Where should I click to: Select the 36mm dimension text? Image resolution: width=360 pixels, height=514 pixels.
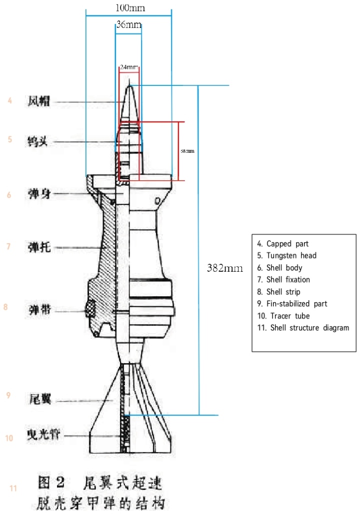[x=128, y=24]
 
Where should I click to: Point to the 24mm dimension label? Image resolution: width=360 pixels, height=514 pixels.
[x=128, y=67]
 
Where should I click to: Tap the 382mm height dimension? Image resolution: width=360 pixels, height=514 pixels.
[x=224, y=268]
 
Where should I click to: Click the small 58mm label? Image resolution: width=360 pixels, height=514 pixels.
[x=187, y=151]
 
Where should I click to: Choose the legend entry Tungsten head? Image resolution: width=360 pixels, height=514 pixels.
[x=286, y=256]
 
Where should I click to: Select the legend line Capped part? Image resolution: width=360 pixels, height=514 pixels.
[x=282, y=244]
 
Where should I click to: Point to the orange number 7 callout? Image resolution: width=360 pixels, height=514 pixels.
[x=8, y=246]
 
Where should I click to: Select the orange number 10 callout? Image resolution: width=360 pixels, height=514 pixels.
[x=9, y=438]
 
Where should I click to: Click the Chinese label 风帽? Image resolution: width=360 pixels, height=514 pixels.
[x=38, y=101]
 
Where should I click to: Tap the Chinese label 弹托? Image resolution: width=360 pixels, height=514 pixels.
[x=38, y=247]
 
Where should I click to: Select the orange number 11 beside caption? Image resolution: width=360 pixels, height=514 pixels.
[x=13, y=489]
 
